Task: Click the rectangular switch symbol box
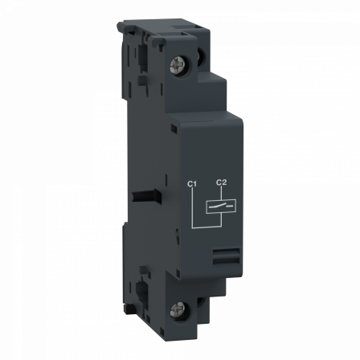[x=222, y=207]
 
